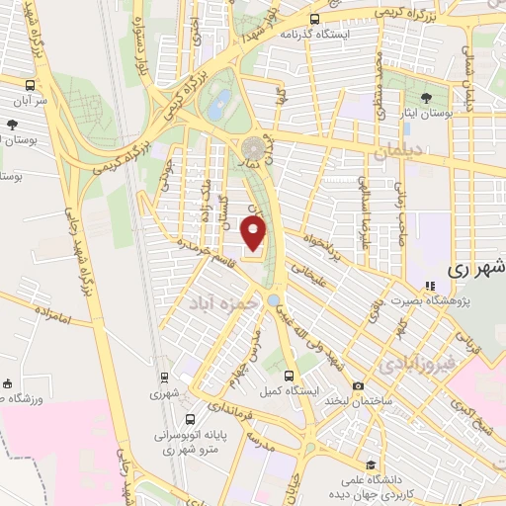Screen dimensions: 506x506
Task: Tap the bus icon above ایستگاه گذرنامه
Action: (x=314, y=18)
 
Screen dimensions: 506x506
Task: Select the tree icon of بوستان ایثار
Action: (x=426, y=97)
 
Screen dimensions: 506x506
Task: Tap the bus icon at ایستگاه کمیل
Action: (x=289, y=376)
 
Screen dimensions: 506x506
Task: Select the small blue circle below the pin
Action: (x=274, y=298)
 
